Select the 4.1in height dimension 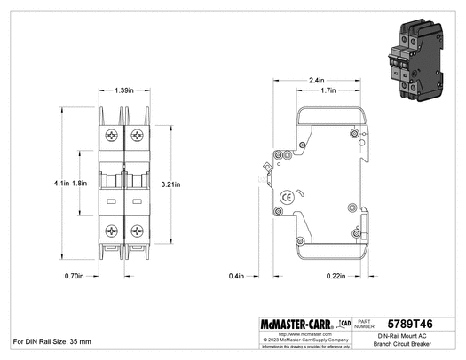tap(61, 184)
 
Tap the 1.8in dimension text tap(79, 184)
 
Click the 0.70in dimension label tap(75, 276)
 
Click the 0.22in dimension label tap(336, 276)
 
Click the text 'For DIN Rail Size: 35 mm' tap(53, 341)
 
